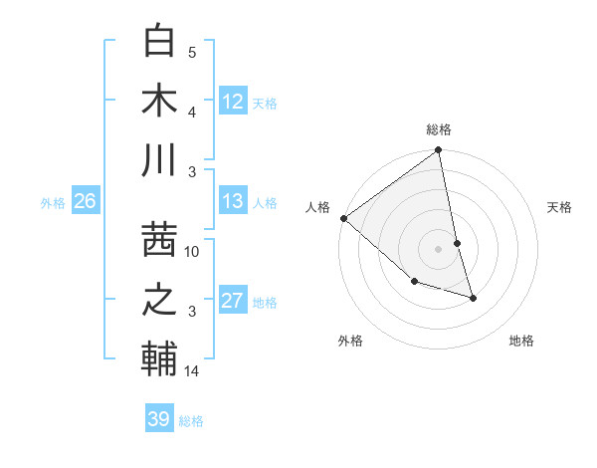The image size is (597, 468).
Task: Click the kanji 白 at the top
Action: coord(160,42)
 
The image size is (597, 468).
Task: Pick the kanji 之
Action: coord(160,299)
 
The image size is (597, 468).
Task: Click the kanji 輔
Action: coord(160,358)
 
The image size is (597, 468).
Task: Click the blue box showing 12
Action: coord(233,101)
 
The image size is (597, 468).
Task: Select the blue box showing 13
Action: coord(233,201)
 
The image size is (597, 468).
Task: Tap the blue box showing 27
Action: coord(233,301)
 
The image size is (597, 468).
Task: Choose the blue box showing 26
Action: coord(85,201)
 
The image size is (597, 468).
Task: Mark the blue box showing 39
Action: coord(158,419)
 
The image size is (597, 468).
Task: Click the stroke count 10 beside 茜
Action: coord(192,252)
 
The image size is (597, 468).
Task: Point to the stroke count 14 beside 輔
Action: coord(192,371)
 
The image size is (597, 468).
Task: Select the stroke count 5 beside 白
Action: coord(192,53)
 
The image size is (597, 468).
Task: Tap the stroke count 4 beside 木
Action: coord(192,113)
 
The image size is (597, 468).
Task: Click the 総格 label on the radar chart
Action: coord(439,129)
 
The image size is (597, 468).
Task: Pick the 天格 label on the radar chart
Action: coord(560,207)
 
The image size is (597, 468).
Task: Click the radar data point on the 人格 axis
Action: coord(343,218)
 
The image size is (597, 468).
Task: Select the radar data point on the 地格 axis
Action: coord(473,298)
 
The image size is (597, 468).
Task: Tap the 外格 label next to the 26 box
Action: coord(53,202)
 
